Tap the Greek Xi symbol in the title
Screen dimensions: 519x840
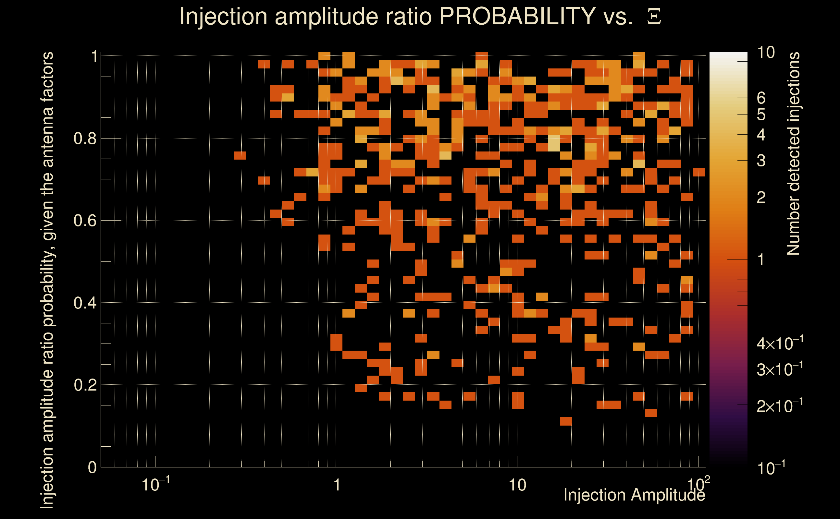point(654,17)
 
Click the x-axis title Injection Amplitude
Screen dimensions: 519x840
point(634,495)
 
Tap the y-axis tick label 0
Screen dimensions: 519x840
point(92,467)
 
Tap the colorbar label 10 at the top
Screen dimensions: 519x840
point(766,53)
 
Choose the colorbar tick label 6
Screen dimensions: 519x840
point(761,98)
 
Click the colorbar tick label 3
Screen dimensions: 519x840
point(761,161)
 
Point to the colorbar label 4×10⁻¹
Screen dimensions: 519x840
point(780,343)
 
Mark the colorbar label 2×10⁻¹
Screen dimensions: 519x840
point(780,406)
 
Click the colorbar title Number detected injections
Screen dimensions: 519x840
point(793,153)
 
